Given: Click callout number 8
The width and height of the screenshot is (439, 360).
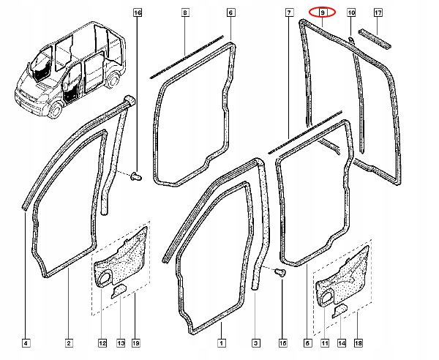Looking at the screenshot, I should (185, 13).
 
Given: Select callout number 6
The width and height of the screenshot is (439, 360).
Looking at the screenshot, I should (230, 13).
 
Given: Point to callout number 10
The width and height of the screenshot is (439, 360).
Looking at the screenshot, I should (350, 13).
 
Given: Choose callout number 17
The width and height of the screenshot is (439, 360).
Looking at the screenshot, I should (378, 13).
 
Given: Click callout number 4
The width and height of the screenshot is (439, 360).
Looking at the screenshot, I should (26, 342).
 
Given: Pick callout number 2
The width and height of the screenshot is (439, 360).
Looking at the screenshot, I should (68, 342).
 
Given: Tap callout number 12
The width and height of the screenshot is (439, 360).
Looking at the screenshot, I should (102, 342).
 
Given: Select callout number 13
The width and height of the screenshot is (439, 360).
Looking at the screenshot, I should (119, 342).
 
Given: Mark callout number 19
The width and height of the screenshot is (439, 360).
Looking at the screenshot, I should (136, 342).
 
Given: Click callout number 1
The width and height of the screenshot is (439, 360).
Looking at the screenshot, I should (221, 342).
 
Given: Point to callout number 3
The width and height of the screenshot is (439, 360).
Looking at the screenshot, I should (256, 342).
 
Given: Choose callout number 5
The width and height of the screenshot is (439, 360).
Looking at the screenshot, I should (306, 342).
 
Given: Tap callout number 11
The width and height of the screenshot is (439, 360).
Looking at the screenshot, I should (323, 342).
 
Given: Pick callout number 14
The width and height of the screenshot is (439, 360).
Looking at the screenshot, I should (340, 342).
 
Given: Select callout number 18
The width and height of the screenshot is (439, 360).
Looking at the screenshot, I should (357, 342).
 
